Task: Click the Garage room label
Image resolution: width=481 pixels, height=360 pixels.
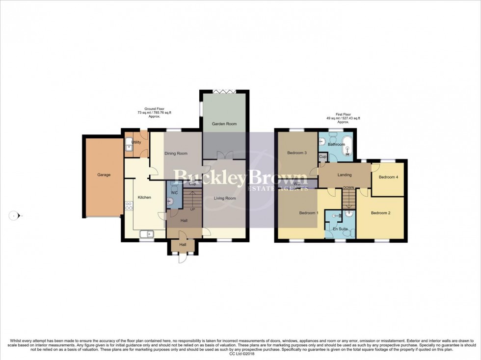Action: click(104, 175)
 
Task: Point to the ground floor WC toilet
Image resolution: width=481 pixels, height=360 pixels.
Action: click(171, 200)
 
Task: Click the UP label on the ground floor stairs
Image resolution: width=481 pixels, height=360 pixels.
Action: click(192, 209)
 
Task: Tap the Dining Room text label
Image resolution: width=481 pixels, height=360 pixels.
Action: click(176, 154)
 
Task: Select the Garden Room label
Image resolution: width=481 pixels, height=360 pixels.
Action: click(224, 124)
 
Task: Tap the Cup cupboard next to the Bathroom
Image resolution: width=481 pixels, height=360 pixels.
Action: click(323, 157)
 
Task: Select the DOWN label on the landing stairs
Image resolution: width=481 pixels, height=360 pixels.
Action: click(348, 187)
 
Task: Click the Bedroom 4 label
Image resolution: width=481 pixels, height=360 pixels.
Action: click(387, 177)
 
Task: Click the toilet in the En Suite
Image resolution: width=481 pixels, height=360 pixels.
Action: click(348, 214)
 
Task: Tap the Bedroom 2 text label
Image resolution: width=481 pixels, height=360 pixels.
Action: click(380, 213)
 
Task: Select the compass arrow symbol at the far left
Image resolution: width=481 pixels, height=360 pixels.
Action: click(15, 215)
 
